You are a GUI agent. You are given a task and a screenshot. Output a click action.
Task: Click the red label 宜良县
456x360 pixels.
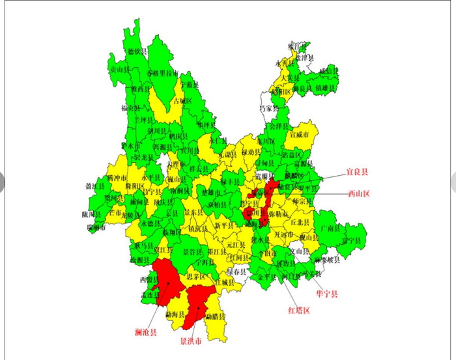coord(356,173)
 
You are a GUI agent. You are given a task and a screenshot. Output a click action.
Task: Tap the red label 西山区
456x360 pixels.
coord(359,194)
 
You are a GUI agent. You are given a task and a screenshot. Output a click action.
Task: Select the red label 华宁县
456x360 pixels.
coord(327,294)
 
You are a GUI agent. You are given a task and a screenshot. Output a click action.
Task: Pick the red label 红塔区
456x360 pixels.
coord(299,310)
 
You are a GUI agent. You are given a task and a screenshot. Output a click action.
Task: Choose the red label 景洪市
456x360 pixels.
coord(191,340)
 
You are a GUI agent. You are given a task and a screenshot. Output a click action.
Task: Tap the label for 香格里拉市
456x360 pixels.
coord(162,74)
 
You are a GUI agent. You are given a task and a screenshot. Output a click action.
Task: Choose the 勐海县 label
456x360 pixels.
coord(175,314)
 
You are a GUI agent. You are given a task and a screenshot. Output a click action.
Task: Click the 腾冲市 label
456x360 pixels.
coord(117,177)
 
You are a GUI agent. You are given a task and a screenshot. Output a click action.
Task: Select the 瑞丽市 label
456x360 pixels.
coord(95,227)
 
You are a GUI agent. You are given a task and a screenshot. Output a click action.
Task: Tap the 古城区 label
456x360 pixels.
coord(182,101)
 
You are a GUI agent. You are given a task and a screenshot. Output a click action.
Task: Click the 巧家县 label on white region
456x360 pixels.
coord(268,108)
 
